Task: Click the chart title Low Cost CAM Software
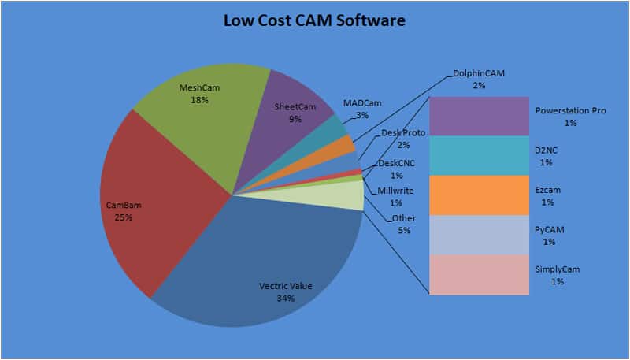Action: coord(315,20)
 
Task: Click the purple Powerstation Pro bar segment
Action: coord(478,116)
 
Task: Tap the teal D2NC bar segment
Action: coord(478,155)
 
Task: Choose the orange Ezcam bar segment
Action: coord(478,195)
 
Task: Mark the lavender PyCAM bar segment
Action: coord(478,234)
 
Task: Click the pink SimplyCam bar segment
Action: coord(478,274)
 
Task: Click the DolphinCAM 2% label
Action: coord(478,79)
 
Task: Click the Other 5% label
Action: coord(403,224)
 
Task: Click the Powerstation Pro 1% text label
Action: coord(570,117)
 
